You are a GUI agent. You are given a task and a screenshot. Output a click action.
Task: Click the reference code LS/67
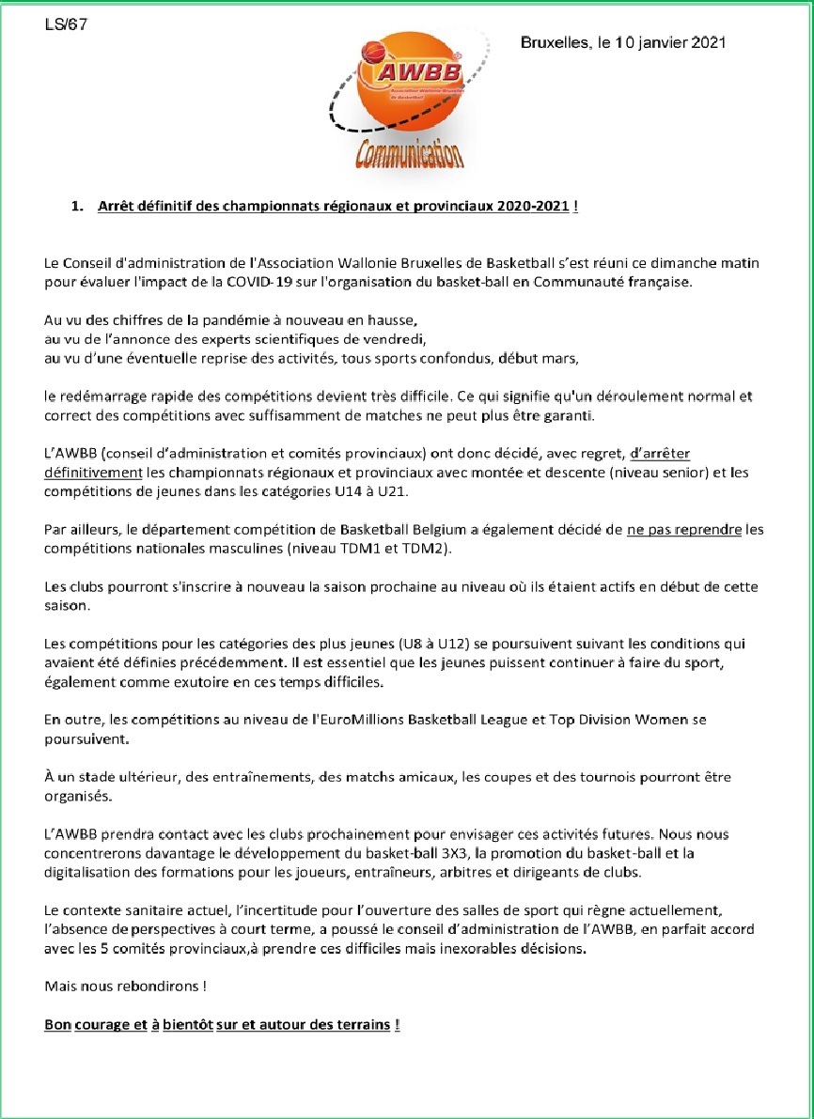pyautogui.click(x=66, y=25)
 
